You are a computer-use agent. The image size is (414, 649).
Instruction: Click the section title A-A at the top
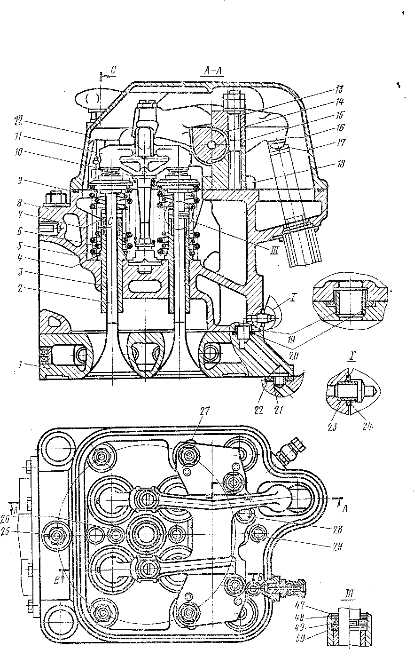(x=213, y=71)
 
